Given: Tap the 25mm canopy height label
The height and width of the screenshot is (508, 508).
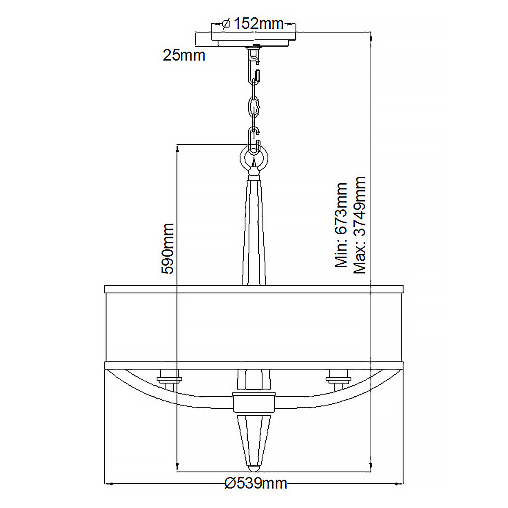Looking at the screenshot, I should (184, 55).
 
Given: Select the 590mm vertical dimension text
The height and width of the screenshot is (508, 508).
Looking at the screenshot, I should (168, 249).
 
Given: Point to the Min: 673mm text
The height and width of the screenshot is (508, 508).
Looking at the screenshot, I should (341, 225).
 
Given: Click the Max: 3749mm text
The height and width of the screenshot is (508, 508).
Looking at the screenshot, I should (359, 225).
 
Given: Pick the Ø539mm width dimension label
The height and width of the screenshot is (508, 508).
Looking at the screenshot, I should (256, 483).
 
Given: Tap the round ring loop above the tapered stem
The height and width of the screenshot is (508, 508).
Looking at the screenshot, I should (254, 157).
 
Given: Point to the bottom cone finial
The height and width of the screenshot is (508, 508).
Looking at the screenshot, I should (254, 440).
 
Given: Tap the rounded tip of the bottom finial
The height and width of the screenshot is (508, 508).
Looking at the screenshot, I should (254, 469).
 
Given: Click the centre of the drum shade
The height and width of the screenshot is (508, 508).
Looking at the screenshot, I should (254, 326).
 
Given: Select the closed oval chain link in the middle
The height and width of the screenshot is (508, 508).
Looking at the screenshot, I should (254, 107).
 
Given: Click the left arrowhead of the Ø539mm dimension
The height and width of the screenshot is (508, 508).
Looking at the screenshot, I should (108, 483).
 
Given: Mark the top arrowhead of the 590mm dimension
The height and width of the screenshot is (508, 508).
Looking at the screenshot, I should (177, 147).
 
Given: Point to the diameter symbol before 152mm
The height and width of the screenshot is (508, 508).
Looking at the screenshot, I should (226, 24).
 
